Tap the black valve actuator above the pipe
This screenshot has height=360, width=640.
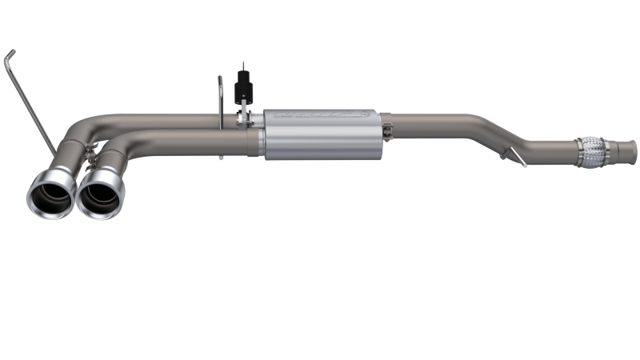click(241, 90)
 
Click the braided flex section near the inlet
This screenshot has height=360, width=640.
click(590, 153)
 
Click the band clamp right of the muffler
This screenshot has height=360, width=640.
click(386, 131)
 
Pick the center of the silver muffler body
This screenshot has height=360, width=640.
click(320, 134)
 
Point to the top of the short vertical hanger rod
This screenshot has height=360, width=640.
click(220, 78)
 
